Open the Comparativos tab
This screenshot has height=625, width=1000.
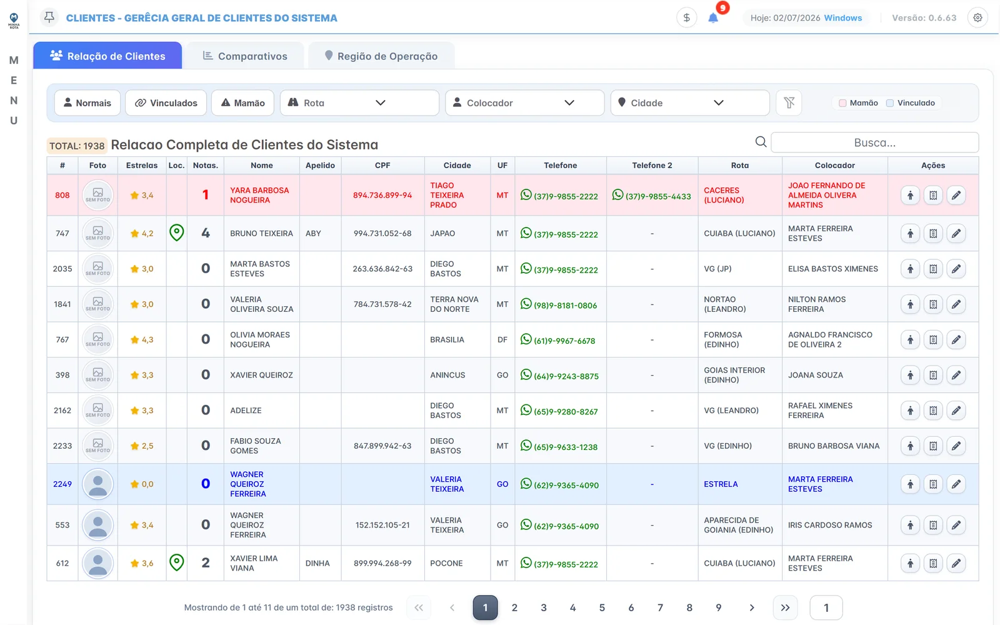pos(244,56)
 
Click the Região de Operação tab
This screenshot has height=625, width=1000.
pos(381,56)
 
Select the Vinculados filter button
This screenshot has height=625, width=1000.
pos(166,102)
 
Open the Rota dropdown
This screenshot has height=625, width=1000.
pos(359,102)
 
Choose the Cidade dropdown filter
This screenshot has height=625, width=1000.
pos(690,102)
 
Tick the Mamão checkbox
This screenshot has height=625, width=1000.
pos(842,103)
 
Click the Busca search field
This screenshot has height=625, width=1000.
pos(874,142)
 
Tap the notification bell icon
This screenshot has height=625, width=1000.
pos(713,18)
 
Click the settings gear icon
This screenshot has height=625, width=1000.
pos(977,18)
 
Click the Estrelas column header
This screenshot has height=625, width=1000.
pos(141,165)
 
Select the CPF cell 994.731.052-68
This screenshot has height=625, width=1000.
pos(382,233)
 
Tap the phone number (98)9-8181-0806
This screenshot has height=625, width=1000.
pos(565,306)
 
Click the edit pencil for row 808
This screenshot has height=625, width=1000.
pos(956,195)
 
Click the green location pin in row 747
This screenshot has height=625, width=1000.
pos(176,232)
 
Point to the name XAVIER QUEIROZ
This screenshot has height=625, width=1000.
pos(262,375)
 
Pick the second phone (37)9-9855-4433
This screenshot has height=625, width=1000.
pos(658,196)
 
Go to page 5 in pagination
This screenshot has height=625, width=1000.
pos(602,607)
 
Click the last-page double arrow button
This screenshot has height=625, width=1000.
pos(785,607)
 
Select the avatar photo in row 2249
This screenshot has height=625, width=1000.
pos(97,484)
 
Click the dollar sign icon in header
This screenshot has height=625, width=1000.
pos(687,18)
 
